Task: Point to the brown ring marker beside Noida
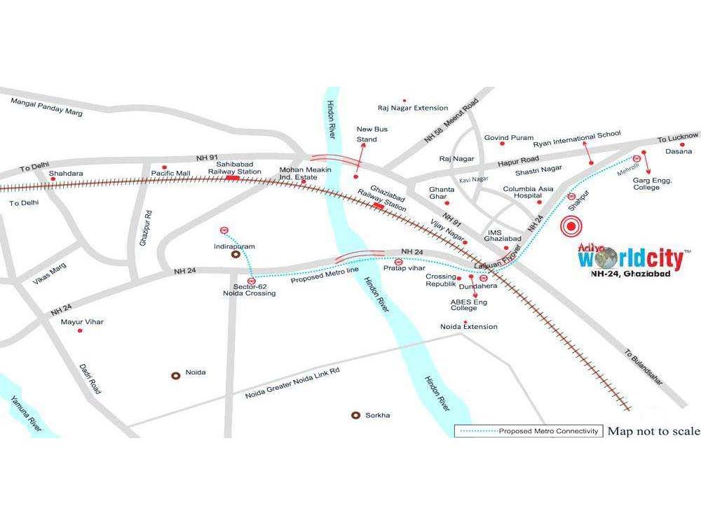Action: (177, 375)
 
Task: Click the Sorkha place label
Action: (377, 415)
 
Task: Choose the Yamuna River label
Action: (26, 413)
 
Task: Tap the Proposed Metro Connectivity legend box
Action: (528, 430)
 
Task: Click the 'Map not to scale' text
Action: (653, 430)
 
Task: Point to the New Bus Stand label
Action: (372, 134)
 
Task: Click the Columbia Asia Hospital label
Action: (528, 192)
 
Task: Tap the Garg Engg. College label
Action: (653, 183)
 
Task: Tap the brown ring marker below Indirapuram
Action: (236, 256)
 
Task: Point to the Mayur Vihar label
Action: (82, 321)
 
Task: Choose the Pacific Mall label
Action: (171, 172)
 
